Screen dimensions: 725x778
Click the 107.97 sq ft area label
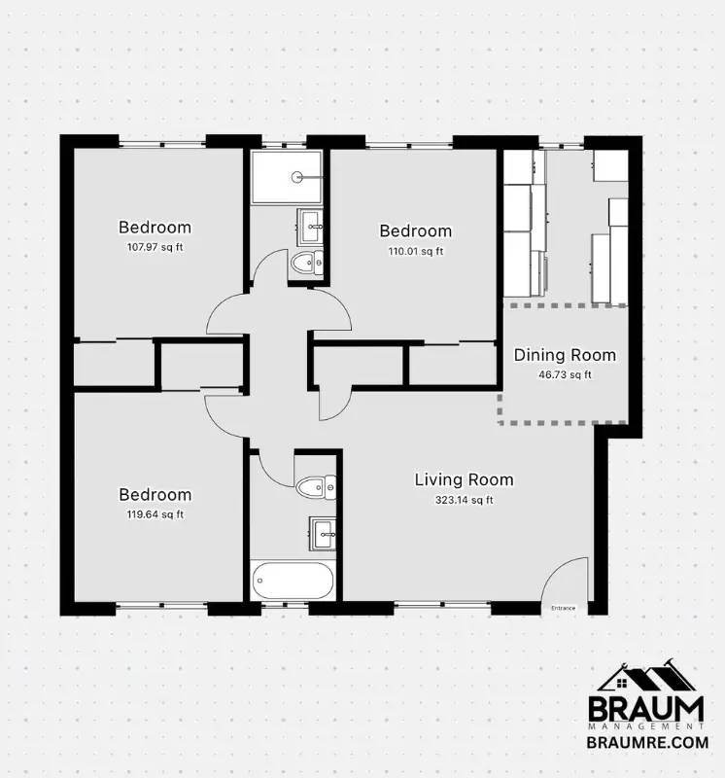(155, 247)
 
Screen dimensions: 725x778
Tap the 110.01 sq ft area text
(416, 251)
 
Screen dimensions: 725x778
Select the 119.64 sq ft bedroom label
(155, 514)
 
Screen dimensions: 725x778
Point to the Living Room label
(465, 479)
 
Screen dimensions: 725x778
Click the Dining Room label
(565, 355)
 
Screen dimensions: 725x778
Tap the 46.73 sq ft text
(565, 374)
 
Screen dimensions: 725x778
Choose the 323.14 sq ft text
(465, 500)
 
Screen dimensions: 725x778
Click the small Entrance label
(564, 608)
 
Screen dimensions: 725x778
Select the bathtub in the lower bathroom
(293, 581)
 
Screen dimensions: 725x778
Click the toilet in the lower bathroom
(316, 487)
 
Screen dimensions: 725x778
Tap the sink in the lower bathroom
(323, 533)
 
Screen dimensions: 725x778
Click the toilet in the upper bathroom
(307, 263)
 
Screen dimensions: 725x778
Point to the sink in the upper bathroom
(310, 227)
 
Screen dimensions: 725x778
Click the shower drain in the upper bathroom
(297, 176)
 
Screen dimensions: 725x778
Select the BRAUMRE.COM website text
(647, 742)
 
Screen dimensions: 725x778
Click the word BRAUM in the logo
(646, 710)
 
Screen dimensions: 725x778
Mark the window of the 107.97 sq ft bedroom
(162, 144)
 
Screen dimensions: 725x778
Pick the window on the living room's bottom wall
(443, 604)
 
